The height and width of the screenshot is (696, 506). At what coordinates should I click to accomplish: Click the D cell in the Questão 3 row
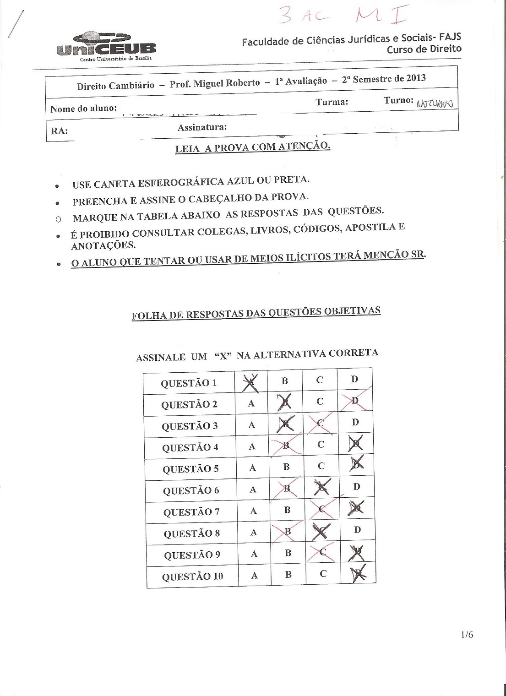tap(355, 422)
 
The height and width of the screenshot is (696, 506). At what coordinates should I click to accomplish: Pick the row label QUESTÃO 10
tap(192, 576)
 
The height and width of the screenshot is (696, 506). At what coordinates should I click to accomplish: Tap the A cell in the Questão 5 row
tap(252, 468)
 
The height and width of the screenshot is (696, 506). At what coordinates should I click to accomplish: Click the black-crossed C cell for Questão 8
tap(322, 531)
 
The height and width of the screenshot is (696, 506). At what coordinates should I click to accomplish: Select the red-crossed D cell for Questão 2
tap(355, 401)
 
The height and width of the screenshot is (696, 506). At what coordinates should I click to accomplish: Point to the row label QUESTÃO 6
tap(191, 490)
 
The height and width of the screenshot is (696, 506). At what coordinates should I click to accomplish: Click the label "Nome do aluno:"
tap(83, 109)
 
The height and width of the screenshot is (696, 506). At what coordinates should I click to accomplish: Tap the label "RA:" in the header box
tap(60, 131)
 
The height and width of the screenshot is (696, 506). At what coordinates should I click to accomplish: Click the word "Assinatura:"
tap(202, 127)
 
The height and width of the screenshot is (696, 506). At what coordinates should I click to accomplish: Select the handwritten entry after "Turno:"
tap(435, 103)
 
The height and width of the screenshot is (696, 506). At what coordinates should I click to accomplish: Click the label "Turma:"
tap(332, 102)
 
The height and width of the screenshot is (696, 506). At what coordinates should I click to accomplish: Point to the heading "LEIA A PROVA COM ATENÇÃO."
tap(253, 147)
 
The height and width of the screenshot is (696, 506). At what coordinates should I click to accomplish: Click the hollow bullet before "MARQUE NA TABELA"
tap(58, 219)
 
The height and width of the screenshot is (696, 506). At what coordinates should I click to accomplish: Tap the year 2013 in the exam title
tap(415, 77)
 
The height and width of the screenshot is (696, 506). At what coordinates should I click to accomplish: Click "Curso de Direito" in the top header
tap(424, 49)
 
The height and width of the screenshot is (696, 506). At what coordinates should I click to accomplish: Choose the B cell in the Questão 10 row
tap(288, 574)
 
